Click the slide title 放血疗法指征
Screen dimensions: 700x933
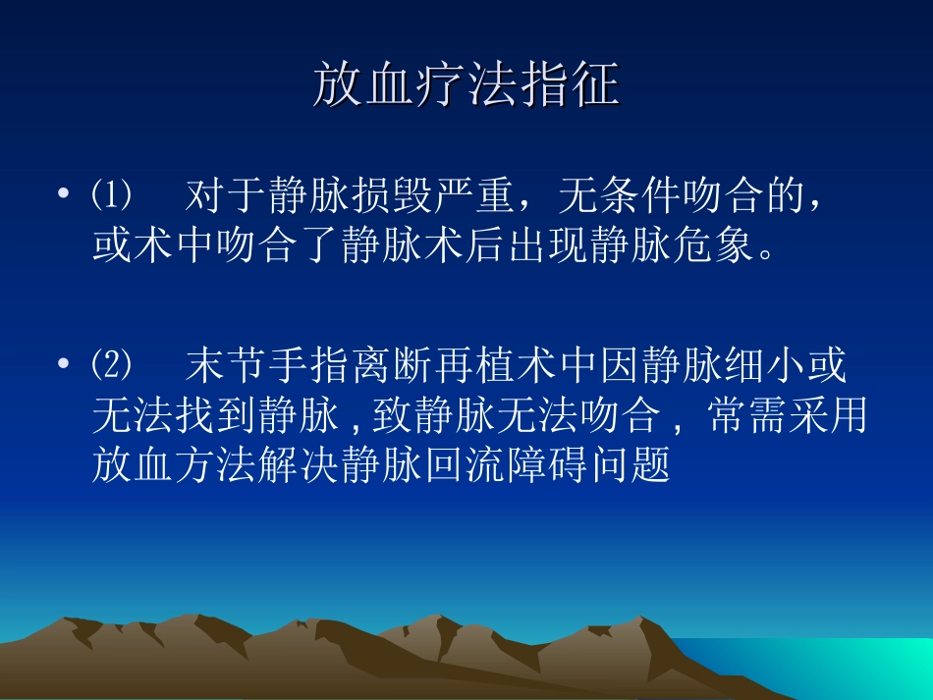tap(466, 84)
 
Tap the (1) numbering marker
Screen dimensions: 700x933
tap(111, 196)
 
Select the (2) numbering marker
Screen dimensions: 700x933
tap(111, 367)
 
